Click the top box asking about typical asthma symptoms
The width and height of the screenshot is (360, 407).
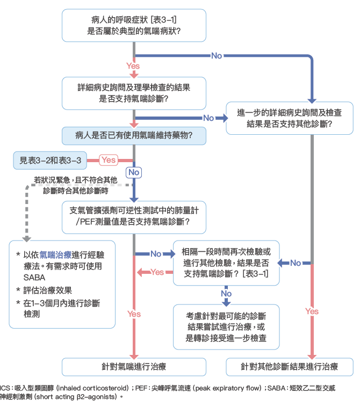134,25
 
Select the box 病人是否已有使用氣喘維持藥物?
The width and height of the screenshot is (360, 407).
134,135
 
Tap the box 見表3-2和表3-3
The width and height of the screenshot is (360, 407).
51,159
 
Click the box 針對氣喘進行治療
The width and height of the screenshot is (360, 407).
134,367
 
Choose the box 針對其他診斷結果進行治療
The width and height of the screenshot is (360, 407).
289,367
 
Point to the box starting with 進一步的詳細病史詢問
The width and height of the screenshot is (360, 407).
289,118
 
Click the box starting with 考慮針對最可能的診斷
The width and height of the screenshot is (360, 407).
225,326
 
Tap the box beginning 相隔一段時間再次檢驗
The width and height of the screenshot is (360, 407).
225,263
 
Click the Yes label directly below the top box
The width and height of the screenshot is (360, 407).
133,66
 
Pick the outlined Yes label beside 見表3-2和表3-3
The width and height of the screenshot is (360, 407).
109,159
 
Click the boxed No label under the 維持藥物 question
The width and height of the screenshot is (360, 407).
133,172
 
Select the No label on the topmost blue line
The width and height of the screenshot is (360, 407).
217,56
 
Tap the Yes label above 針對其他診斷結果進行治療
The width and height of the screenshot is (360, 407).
312,311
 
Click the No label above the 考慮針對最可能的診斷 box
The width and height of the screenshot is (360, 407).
226,294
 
